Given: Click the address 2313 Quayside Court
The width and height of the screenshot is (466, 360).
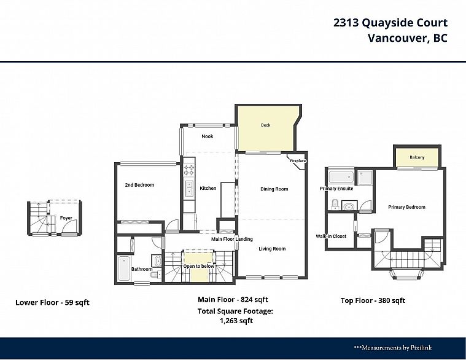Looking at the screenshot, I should click(x=390, y=23).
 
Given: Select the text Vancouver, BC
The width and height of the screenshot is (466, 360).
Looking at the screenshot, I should click(x=407, y=38).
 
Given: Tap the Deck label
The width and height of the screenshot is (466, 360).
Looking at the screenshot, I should click(x=265, y=125).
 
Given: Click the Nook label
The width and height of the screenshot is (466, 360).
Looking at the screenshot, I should click(x=208, y=136).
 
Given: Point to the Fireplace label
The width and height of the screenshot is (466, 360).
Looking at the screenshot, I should click(x=298, y=161).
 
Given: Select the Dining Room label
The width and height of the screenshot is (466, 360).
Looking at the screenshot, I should click(x=274, y=189).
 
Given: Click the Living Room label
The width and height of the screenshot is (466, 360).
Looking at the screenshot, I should click(x=272, y=249).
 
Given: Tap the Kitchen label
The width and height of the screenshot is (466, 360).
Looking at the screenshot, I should click(x=208, y=188).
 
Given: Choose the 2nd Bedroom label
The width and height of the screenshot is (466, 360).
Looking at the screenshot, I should click(x=139, y=185).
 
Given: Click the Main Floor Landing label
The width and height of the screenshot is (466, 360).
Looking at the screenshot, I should click(x=232, y=239).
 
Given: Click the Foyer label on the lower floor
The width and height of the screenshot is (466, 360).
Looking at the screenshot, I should click(x=66, y=218).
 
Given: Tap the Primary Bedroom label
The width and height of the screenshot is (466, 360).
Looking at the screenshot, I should click(x=406, y=207).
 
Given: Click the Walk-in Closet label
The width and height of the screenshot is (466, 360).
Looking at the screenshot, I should click(x=332, y=236).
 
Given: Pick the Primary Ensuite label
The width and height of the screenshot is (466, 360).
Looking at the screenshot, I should click(x=336, y=189).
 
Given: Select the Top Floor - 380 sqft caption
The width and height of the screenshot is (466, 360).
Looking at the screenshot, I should click(x=373, y=300).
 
